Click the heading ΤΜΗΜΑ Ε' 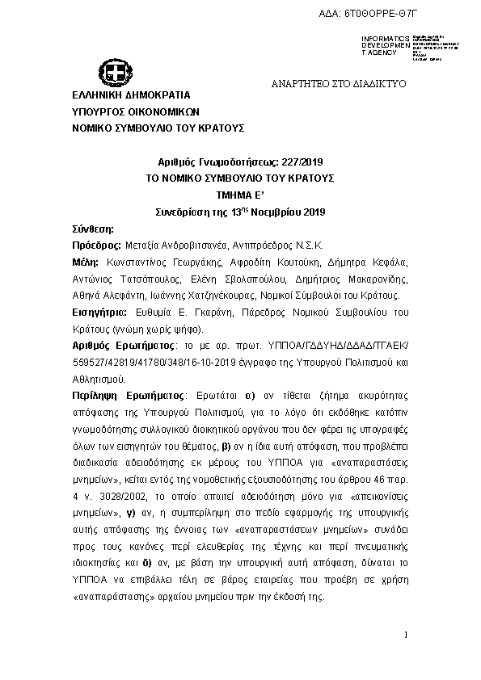240,195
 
